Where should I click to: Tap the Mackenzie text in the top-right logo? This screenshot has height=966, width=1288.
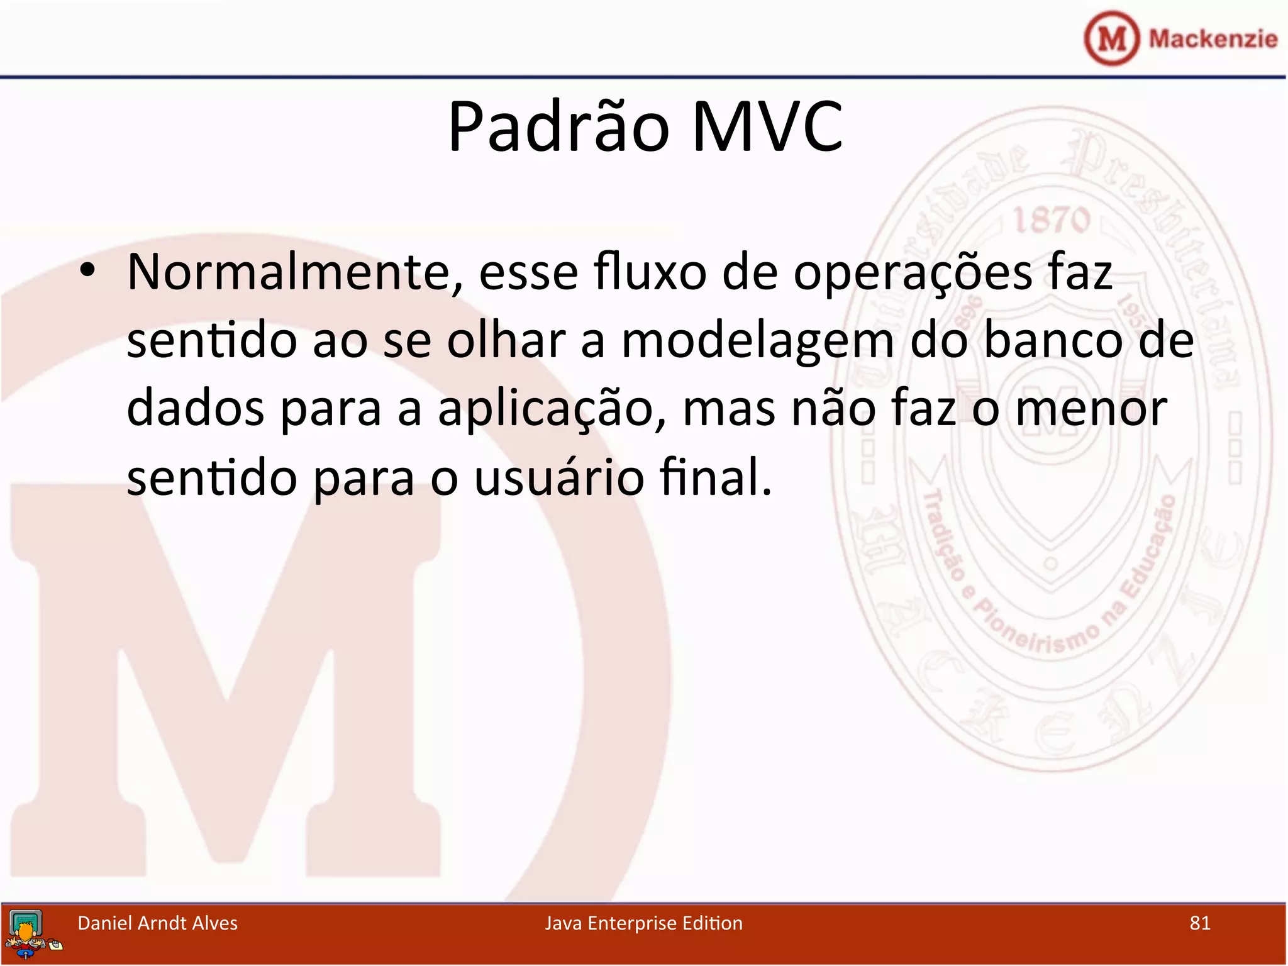tap(1213, 39)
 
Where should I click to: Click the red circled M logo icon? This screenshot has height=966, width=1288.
tap(1111, 38)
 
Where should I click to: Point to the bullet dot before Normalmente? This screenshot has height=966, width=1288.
tap(87, 270)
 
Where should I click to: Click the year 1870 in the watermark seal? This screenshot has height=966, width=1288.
tap(1051, 220)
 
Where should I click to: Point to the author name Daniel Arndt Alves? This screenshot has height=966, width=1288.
tap(157, 923)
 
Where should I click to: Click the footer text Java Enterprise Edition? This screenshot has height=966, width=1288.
tap(643, 923)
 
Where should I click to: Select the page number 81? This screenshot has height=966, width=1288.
tap(1199, 923)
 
